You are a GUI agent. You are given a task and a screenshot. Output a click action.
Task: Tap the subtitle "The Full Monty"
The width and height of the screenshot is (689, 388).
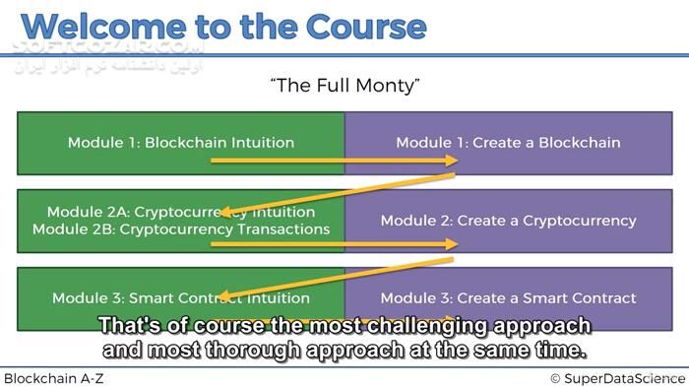point(344,87)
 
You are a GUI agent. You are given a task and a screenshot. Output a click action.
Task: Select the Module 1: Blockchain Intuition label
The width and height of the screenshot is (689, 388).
point(181,142)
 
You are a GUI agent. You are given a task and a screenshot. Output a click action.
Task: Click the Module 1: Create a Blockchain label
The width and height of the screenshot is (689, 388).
point(508,142)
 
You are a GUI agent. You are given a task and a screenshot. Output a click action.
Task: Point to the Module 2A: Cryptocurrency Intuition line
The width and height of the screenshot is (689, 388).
point(181,212)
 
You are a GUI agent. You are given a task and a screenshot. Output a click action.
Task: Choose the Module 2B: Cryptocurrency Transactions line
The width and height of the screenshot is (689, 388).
point(181,228)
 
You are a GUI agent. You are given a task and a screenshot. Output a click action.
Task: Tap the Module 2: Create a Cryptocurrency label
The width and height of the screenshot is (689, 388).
point(508,220)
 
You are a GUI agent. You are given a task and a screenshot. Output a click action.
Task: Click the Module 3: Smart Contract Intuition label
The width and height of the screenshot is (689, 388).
point(181,297)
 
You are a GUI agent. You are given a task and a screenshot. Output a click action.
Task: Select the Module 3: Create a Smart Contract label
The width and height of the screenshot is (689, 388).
point(508,297)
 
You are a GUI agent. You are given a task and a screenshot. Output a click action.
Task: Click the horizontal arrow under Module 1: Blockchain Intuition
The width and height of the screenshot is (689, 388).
point(335,160)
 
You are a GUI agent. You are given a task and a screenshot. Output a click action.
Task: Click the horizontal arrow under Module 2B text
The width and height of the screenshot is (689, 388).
point(335,243)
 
